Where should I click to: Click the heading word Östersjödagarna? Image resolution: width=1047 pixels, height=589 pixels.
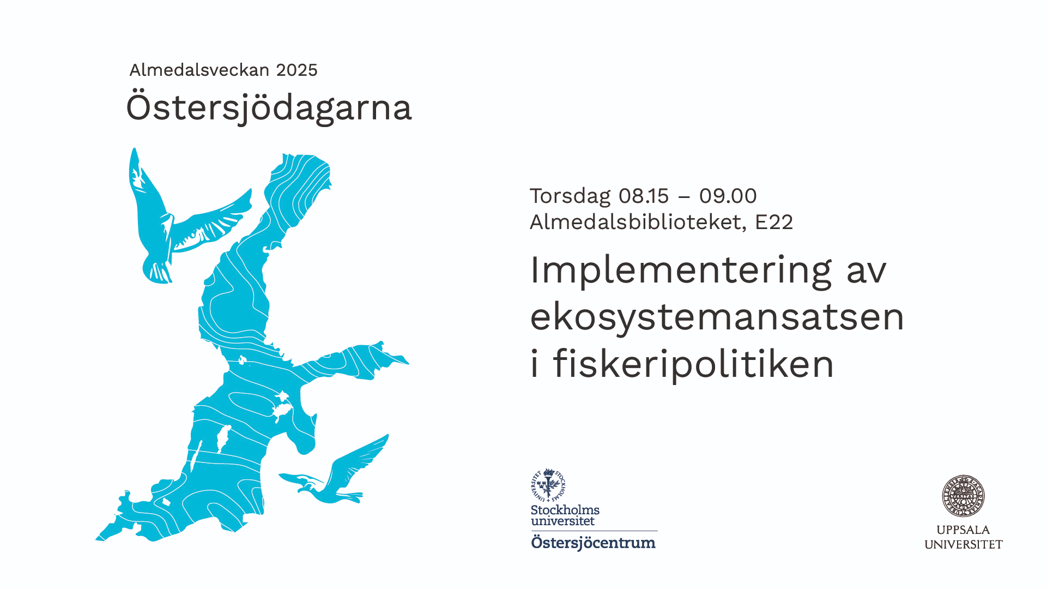click(x=269, y=107)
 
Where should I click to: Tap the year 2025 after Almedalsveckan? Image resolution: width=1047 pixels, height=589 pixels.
click(x=296, y=70)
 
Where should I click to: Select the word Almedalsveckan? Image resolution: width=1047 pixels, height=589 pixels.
click(x=199, y=70)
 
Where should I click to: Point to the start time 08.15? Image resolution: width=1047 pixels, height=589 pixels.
click(x=644, y=196)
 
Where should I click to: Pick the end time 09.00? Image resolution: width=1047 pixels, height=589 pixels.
click(x=728, y=196)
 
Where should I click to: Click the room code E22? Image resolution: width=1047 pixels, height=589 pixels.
click(x=774, y=222)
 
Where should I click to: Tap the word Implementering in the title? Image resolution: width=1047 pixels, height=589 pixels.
click(x=681, y=271)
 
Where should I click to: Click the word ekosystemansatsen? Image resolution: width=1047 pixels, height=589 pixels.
click(x=717, y=317)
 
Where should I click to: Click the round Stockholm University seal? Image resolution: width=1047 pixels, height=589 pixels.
click(x=548, y=485)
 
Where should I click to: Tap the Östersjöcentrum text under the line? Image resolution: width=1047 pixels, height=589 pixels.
click(x=594, y=543)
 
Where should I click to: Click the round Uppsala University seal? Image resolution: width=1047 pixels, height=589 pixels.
click(x=964, y=496)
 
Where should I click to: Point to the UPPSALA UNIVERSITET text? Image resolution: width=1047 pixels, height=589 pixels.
click(x=964, y=537)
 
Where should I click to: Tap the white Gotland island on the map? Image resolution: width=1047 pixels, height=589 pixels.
click(x=223, y=438)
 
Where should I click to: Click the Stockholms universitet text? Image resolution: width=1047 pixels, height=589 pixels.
click(x=565, y=515)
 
